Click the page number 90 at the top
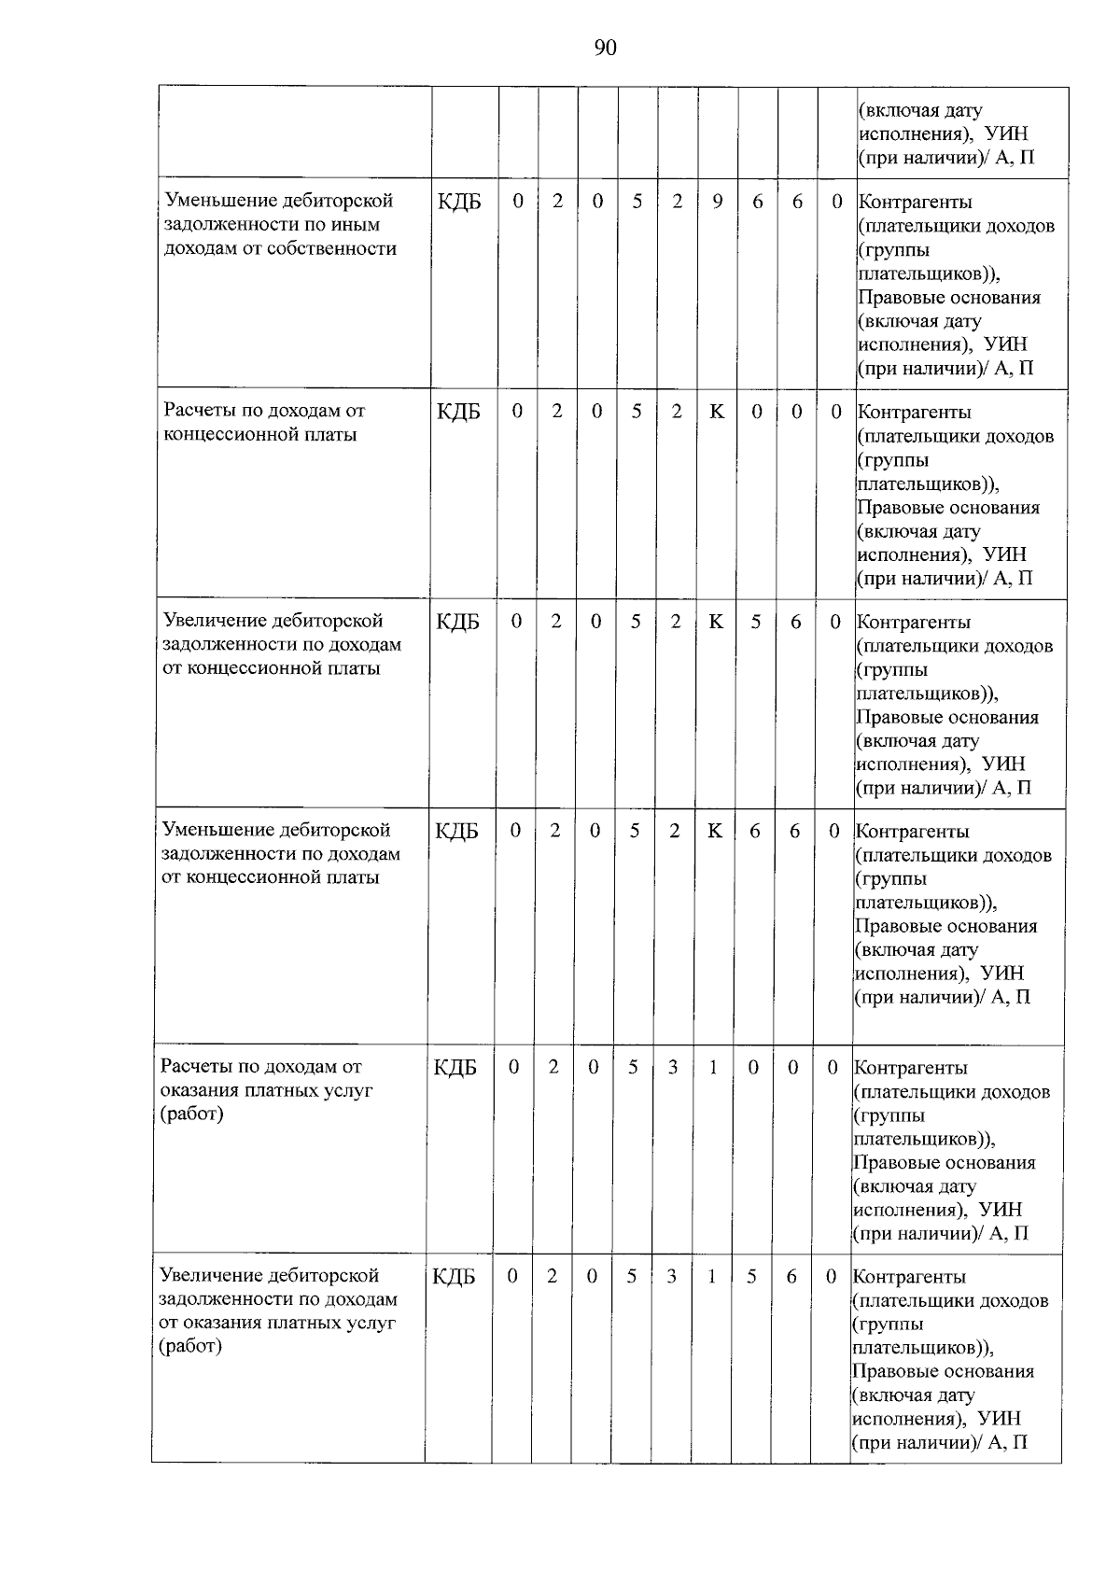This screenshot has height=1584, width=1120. pyautogui.click(x=605, y=49)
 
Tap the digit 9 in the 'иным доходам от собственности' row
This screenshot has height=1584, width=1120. pyautogui.click(x=717, y=202)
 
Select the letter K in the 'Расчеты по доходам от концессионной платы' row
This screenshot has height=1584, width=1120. pyautogui.click(x=716, y=412)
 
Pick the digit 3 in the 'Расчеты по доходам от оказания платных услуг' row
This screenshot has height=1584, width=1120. pyautogui.click(x=672, y=1067)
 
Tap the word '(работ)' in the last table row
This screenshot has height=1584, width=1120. pyautogui.click(x=190, y=1347)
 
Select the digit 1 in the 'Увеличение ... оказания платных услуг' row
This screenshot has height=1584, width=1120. pyautogui.click(x=711, y=1276)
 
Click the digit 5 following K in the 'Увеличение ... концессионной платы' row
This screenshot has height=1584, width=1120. pyautogui.click(x=755, y=622)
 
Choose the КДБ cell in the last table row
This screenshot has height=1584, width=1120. pyautogui.click(x=454, y=1277)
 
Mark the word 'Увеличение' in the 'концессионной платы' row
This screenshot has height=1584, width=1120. pyautogui.click(x=214, y=621)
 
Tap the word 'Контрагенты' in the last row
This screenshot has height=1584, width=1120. pyautogui.click(x=909, y=1277)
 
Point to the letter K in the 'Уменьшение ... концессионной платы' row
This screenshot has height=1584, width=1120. pyautogui.click(x=714, y=831)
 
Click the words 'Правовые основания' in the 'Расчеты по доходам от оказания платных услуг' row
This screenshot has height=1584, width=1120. pyautogui.click(x=944, y=1163)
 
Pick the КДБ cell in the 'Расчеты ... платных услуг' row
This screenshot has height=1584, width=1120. pyautogui.click(x=455, y=1068)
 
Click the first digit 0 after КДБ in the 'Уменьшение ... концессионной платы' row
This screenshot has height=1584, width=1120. pyautogui.click(x=514, y=831)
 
